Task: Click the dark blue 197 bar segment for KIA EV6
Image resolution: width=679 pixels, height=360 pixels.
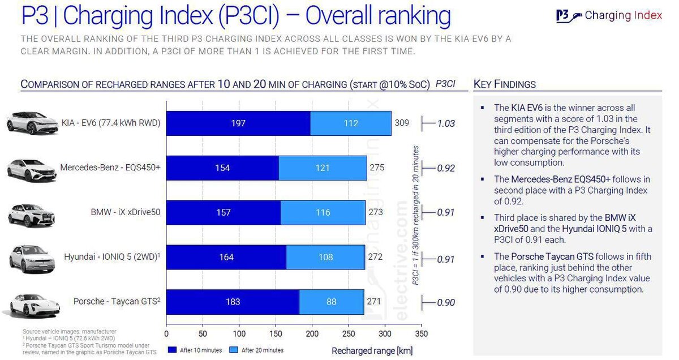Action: coord(238,123)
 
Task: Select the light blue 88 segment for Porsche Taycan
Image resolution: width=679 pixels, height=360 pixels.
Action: coord(331,302)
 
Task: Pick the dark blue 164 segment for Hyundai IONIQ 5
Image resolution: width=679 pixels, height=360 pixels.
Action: coord(226,257)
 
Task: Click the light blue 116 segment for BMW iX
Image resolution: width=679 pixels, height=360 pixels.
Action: coord(323,212)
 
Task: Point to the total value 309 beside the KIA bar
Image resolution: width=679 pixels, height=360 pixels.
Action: coord(402,123)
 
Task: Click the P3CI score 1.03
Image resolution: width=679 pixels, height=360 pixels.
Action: coord(446,123)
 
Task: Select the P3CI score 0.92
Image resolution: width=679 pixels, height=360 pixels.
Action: coord(446,168)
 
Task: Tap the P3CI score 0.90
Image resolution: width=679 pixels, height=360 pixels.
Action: coord(446,302)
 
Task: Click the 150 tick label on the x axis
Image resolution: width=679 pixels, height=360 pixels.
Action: coord(276,333)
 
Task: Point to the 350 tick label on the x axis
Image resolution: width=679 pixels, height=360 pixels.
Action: coord(422,333)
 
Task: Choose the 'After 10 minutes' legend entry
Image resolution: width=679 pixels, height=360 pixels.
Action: coord(196,350)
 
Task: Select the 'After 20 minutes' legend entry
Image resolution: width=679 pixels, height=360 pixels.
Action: coord(257,350)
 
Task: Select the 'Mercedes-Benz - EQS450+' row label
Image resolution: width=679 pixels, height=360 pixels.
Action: coord(110,168)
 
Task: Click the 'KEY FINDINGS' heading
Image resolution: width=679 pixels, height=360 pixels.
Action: coord(504,84)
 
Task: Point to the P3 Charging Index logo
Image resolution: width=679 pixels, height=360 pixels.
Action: coord(609,15)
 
